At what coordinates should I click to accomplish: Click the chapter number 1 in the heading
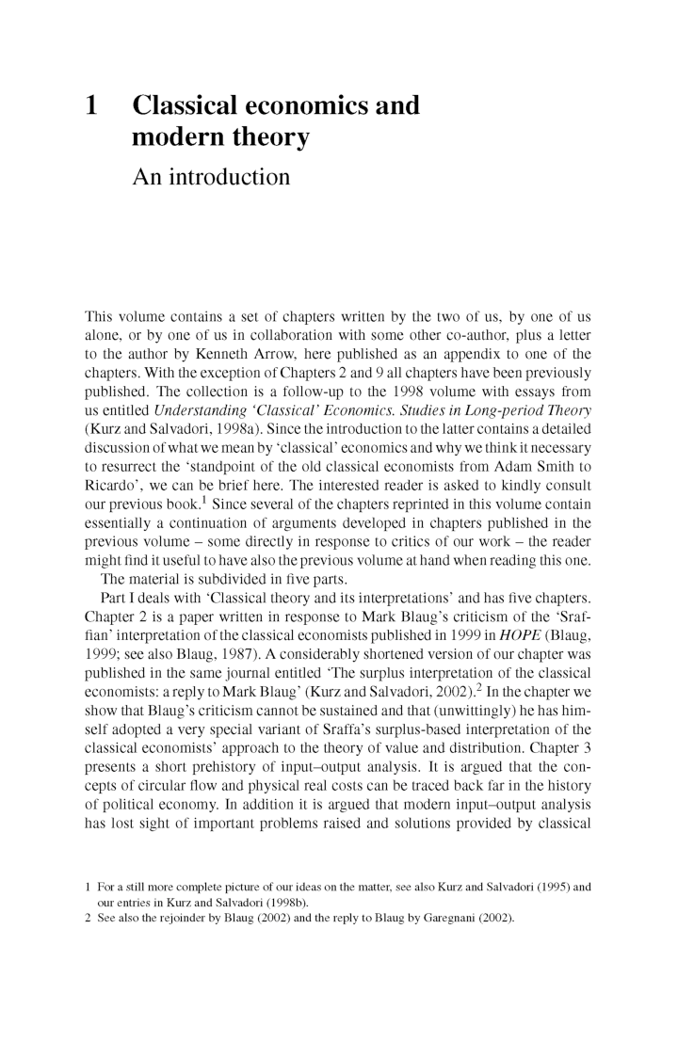(92, 104)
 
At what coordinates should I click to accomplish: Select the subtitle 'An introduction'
(212, 176)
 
